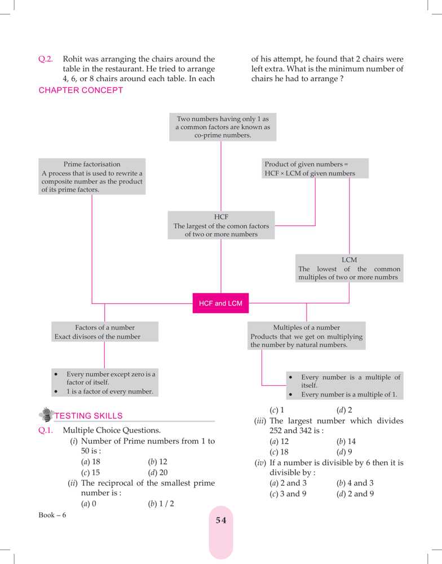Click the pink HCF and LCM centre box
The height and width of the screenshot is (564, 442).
[220, 303]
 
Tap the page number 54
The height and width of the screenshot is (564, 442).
[220, 521]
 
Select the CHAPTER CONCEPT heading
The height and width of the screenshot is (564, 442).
[81, 91]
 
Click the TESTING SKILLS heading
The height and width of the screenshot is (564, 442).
[88, 416]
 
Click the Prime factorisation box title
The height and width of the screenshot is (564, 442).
[92, 164]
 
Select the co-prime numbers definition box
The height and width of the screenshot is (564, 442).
[222, 127]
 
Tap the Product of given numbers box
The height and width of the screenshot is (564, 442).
[315, 169]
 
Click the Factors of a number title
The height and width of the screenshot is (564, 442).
[105, 327]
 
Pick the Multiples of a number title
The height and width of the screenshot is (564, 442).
[306, 327]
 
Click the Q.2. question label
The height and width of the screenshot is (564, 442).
[46, 59]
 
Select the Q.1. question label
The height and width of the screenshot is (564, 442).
[46, 430]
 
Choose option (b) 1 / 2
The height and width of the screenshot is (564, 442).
[161, 504]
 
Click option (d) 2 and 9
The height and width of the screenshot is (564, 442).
[355, 494]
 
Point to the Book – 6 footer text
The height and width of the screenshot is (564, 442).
[52, 515]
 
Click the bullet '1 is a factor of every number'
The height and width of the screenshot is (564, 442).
[109, 391]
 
